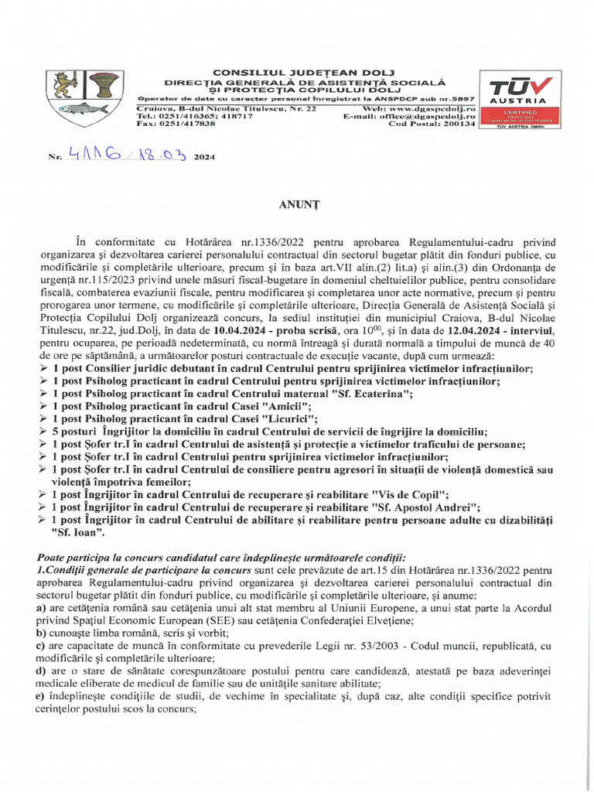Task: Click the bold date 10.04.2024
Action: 278,331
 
